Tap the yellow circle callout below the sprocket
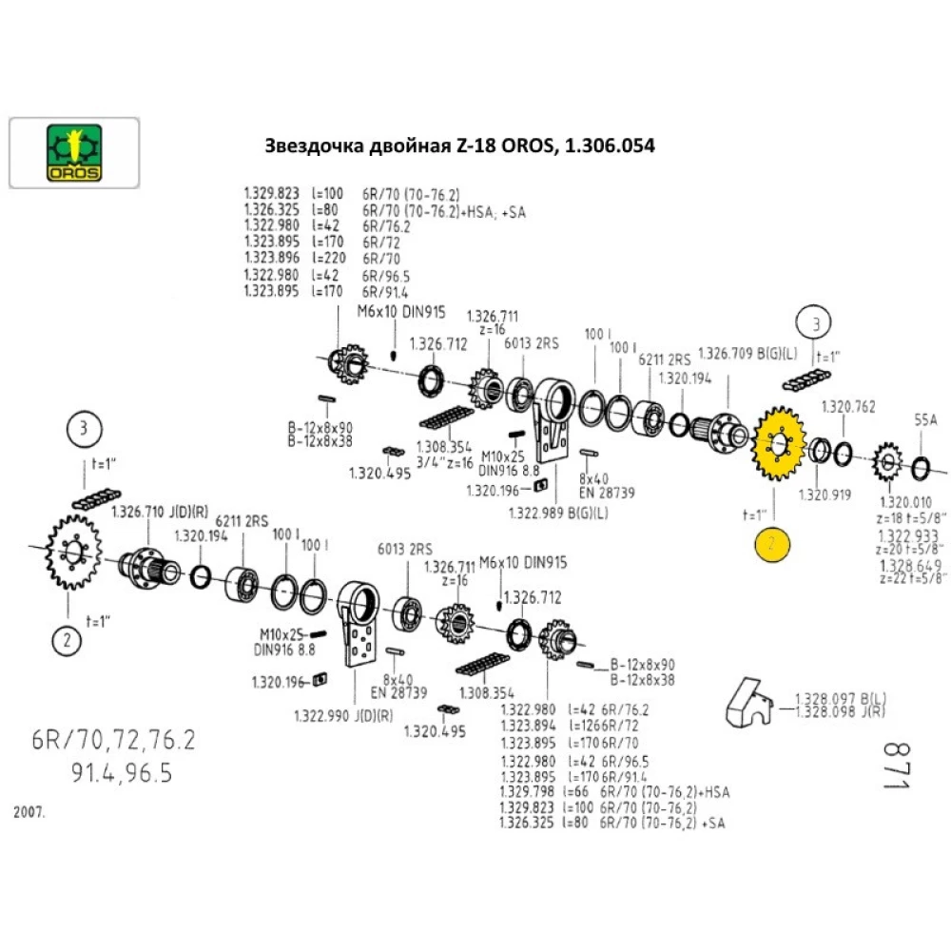coord(772,544)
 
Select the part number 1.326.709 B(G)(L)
coord(748,354)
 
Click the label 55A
coord(926,418)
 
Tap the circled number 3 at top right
coord(815,323)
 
